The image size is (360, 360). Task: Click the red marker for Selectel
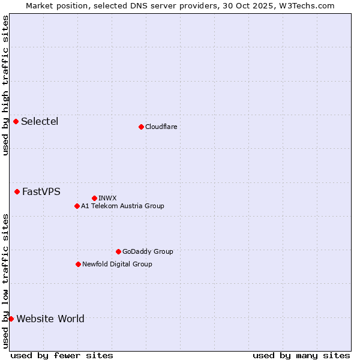click(16, 122)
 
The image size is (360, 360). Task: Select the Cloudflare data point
click(141, 127)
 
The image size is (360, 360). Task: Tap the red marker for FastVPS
click(17, 192)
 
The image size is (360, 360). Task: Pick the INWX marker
click(94, 198)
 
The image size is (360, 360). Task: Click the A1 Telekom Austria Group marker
click(77, 206)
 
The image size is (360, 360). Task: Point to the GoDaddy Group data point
click(118, 252)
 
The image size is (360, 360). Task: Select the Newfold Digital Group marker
click(78, 265)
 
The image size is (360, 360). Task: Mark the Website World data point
click(11, 319)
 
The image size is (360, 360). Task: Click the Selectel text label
click(40, 122)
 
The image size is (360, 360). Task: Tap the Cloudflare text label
click(161, 127)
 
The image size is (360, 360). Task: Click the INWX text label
click(107, 198)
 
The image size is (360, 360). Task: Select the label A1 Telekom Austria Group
click(122, 206)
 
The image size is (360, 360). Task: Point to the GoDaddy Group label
click(148, 252)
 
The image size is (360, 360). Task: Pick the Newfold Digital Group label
click(117, 265)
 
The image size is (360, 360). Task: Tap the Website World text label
click(50, 319)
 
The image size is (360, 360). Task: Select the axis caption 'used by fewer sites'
click(62, 355)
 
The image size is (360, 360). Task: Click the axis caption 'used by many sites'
click(301, 355)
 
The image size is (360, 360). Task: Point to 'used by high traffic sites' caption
click(5, 85)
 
